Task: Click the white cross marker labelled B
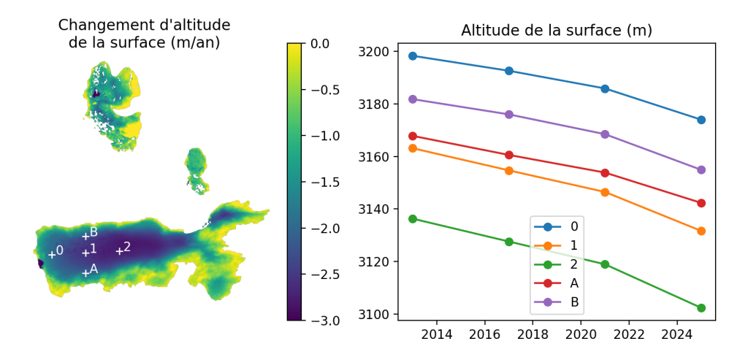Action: (85, 236)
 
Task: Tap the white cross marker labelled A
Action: (85, 272)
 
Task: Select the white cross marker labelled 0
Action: (52, 254)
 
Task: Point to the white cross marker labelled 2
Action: (119, 251)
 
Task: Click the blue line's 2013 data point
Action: (413, 55)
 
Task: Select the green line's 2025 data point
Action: (701, 308)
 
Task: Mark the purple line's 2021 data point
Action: (605, 134)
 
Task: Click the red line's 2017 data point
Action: (509, 155)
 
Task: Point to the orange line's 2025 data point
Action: (701, 231)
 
